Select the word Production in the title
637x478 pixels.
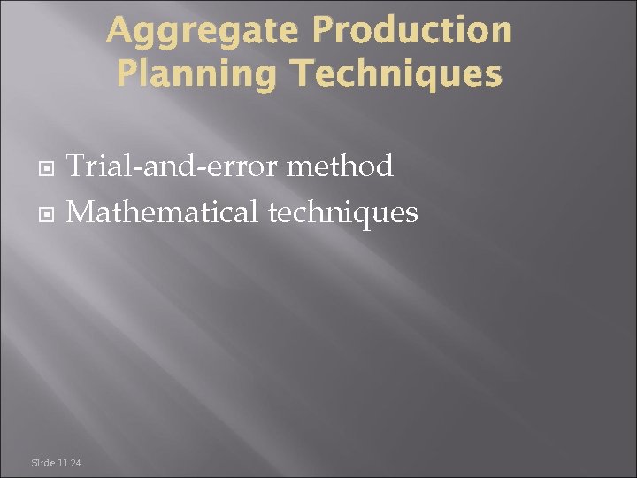click(412, 31)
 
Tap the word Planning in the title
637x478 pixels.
click(196, 74)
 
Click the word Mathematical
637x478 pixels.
click(162, 212)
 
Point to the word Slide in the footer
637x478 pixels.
click(42, 463)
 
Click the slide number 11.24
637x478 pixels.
click(71, 463)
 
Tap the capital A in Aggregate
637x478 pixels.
click(119, 31)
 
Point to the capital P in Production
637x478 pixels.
click(324, 31)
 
